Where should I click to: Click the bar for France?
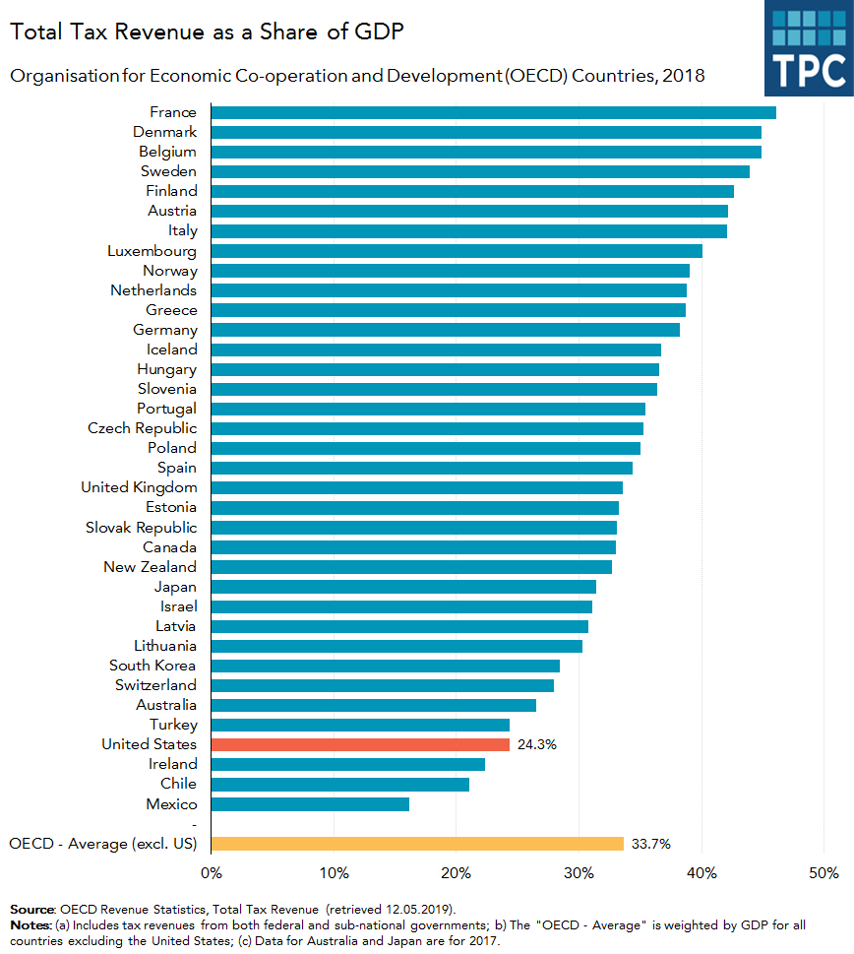tap(492, 112)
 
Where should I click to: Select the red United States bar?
tap(360, 744)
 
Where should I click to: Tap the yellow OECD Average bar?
tap(417, 844)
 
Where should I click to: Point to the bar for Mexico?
tap(310, 804)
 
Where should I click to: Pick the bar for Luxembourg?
tap(457, 251)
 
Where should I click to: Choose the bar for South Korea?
tap(385, 666)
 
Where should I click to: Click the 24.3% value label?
tap(537, 744)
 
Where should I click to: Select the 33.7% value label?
tap(651, 844)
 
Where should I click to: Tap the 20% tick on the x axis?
tap(457, 872)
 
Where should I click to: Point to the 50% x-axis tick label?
tap(823, 872)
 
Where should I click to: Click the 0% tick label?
tap(211, 872)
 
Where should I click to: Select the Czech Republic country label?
tap(142, 428)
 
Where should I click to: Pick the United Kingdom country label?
tap(139, 487)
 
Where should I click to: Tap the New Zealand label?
tap(150, 567)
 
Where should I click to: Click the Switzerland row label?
tap(155, 685)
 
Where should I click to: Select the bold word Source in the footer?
tap(32, 908)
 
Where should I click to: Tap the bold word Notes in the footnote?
tap(30, 926)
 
